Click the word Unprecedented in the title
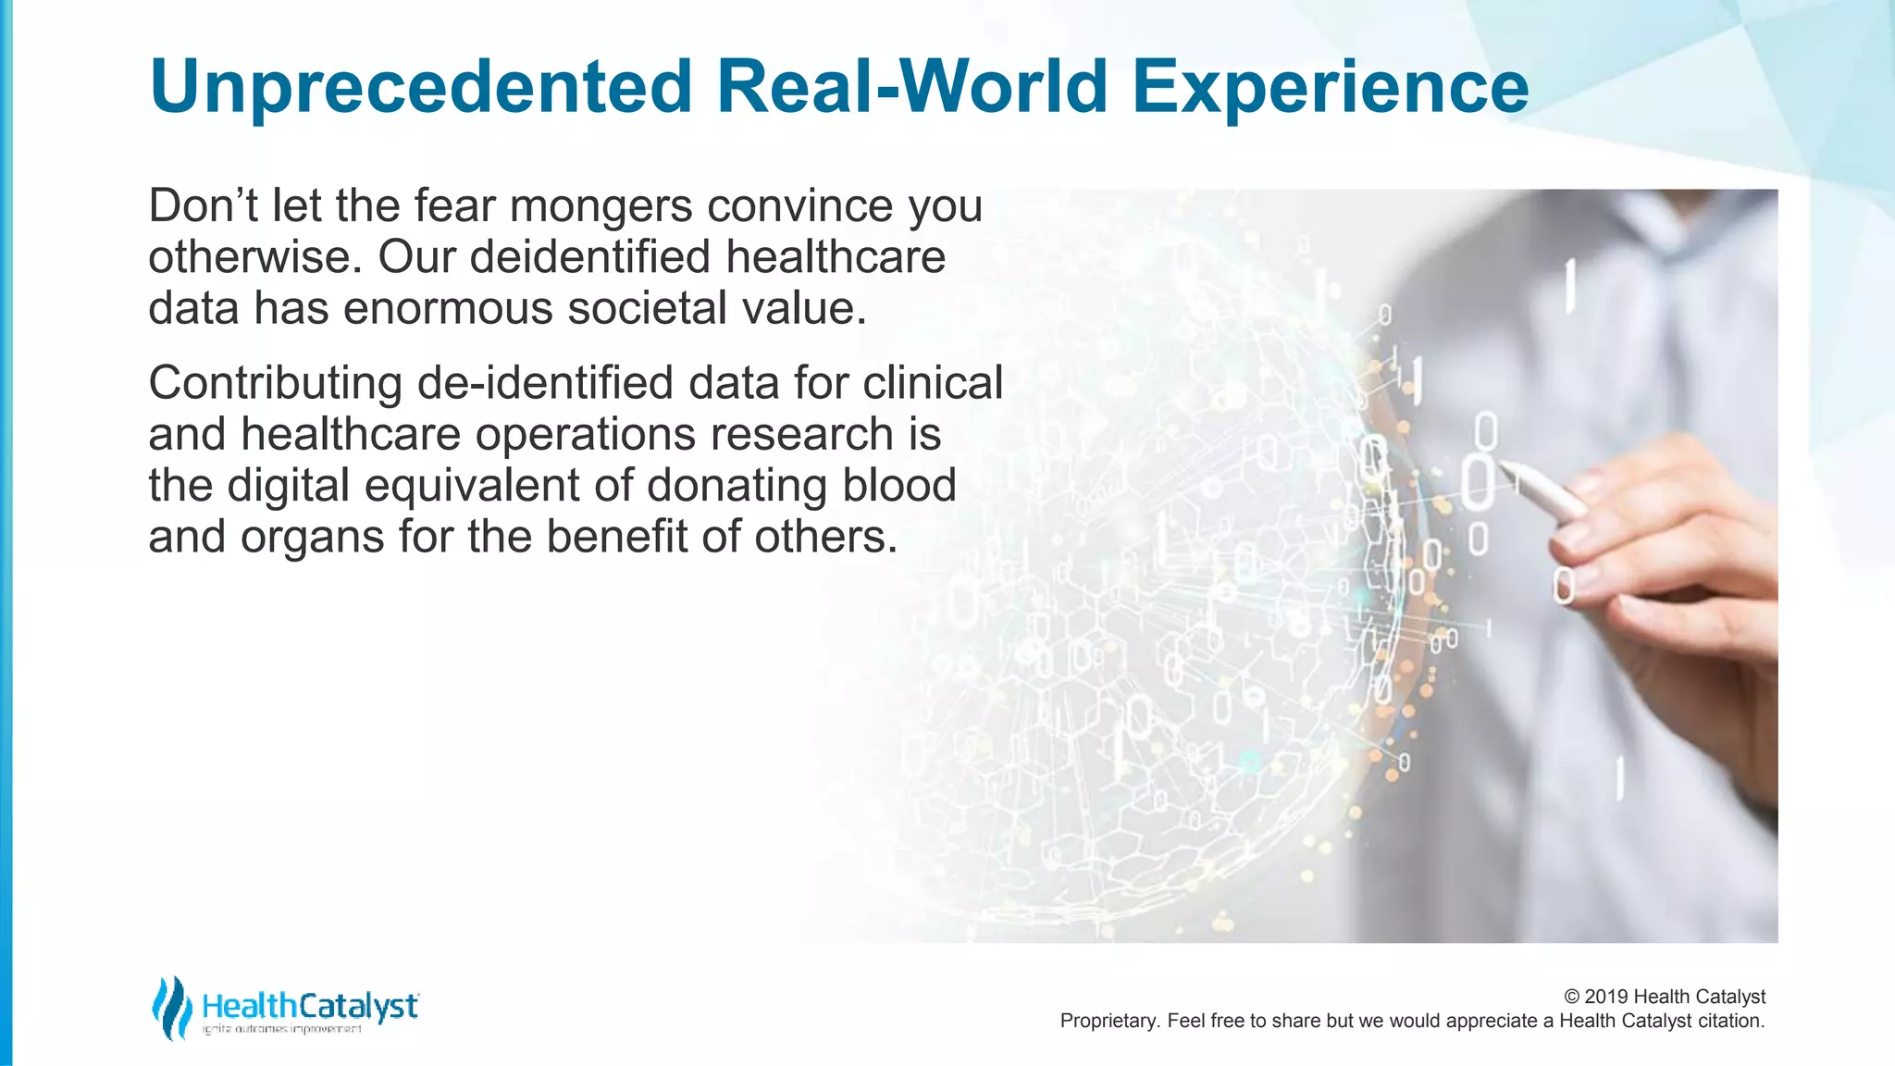click(x=421, y=87)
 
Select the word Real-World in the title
click(x=911, y=87)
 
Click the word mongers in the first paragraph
click(x=601, y=205)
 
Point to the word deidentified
click(x=592, y=256)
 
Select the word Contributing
click(x=275, y=383)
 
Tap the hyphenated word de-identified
click(x=545, y=383)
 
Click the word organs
click(x=312, y=537)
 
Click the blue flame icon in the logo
click(x=171, y=1007)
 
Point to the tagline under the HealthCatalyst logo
click(x=281, y=1029)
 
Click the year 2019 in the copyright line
click(x=1606, y=997)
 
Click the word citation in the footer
click(x=1729, y=1021)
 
